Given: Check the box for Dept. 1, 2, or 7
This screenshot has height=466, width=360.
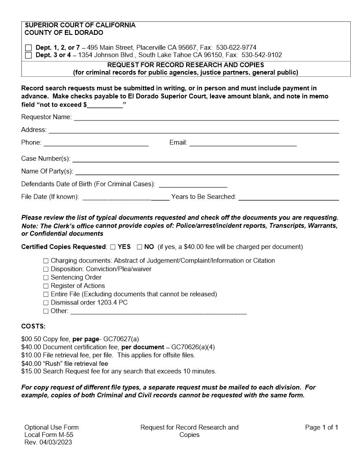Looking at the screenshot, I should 29,47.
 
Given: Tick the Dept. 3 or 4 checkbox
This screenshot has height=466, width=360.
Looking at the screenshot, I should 29,55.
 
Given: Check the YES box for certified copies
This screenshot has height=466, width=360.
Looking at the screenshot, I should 113,247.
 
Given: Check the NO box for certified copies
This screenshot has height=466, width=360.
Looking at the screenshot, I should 139,247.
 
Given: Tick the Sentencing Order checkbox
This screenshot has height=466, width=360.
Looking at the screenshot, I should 46,278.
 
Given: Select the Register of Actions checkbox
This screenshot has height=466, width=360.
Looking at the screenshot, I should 46,286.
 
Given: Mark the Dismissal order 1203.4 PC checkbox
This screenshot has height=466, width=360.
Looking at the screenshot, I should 46,303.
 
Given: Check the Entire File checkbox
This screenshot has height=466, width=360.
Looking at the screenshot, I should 46,294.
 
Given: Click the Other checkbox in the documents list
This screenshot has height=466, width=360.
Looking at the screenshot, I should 46,311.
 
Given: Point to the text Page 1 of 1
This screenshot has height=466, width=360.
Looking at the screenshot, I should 322,427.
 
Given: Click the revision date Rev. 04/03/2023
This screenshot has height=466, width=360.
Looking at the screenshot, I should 49,442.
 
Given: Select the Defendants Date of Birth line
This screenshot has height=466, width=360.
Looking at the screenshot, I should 193,184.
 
